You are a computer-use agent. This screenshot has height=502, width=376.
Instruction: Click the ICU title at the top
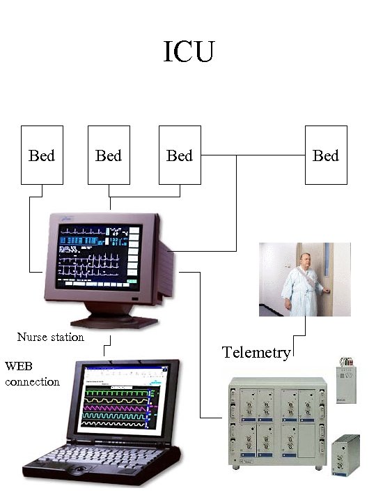188,52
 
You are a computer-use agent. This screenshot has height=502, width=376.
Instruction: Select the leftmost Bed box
42,155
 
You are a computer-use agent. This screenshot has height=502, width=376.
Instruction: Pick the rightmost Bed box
326,155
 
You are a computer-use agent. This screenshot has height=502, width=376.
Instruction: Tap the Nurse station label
50,337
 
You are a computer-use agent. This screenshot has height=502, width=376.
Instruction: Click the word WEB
18,366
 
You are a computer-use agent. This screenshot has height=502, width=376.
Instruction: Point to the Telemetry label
256,353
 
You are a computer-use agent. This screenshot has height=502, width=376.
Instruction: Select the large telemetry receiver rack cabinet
276,422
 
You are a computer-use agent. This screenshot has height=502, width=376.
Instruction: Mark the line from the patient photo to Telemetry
305,328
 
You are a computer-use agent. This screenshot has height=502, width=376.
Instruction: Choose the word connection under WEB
32,381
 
